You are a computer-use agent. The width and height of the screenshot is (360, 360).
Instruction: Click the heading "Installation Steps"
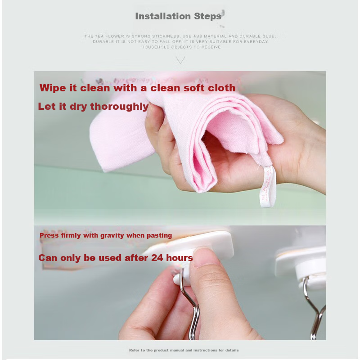pos(178,16)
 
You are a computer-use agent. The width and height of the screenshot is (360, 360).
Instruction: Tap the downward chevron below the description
pos(180,60)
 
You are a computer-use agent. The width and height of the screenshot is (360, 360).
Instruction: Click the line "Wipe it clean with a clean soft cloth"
pos(137,88)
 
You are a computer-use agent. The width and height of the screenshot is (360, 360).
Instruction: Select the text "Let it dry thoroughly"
pos(93,107)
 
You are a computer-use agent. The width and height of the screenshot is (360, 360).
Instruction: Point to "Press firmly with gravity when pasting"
pos(106,235)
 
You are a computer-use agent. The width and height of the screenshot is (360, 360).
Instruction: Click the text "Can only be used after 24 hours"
pos(116,258)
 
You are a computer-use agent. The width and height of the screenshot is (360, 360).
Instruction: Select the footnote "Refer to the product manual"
pos(184,350)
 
